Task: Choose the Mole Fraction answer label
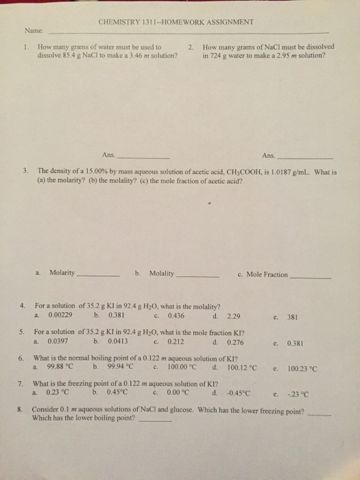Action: (x=267, y=274)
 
